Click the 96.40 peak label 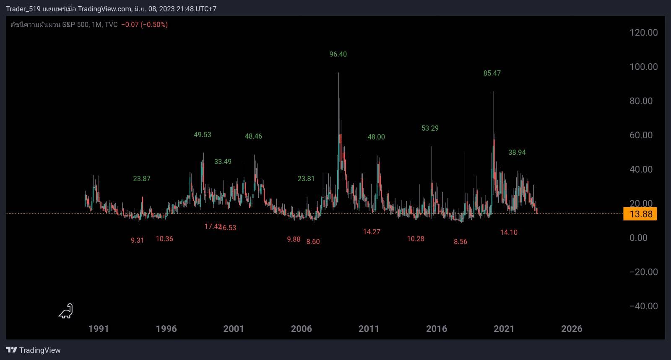(x=338, y=54)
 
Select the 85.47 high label (x=492, y=73)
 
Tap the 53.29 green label (x=430, y=128)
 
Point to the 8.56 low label (x=460, y=241)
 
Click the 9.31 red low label (x=137, y=240)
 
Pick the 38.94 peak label (x=517, y=153)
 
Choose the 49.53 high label (x=203, y=135)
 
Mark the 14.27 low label (x=372, y=232)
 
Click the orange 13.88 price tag (x=640, y=214)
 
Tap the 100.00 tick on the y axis (x=643, y=67)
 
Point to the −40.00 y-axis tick (x=643, y=306)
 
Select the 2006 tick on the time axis (x=301, y=329)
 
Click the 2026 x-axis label (x=572, y=329)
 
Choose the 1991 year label (x=99, y=329)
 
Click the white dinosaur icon (x=66, y=311)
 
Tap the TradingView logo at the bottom (x=33, y=350)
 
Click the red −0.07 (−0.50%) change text (x=144, y=25)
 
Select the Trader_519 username (x=23, y=9)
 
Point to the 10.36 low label (x=164, y=239)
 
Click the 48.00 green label (x=376, y=137)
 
